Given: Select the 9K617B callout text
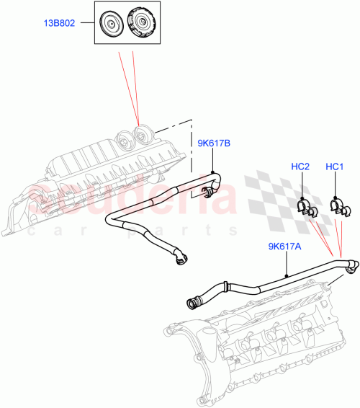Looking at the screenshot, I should tap(213, 144).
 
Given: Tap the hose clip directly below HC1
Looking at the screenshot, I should tap(335, 207).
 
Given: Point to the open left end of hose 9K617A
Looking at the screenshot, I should tap(193, 303).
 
